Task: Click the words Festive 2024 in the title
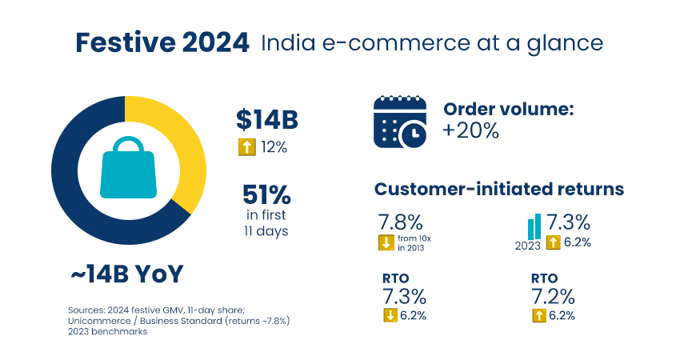pyautogui.click(x=162, y=42)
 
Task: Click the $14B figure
pyautogui.click(x=266, y=120)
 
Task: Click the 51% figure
pyautogui.click(x=266, y=195)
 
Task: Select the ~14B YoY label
pyautogui.click(x=126, y=274)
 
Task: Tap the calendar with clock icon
pyautogui.click(x=398, y=122)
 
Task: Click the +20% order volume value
pyautogui.click(x=471, y=131)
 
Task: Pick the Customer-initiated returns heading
pyautogui.click(x=499, y=190)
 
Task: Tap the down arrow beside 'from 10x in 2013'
pyautogui.click(x=385, y=243)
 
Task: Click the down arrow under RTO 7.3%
pyautogui.click(x=390, y=315)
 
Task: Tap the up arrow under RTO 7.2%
pyautogui.click(x=539, y=315)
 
